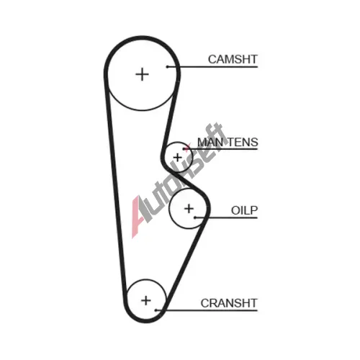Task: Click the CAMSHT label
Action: click(x=233, y=59)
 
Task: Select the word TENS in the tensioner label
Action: click(x=243, y=142)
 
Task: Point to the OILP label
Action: click(x=244, y=210)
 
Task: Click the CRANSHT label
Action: click(x=229, y=303)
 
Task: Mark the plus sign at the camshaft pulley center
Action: click(x=142, y=74)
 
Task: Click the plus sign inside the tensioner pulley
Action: click(x=178, y=158)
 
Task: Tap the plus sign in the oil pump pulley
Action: click(x=189, y=209)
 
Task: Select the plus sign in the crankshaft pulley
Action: click(x=146, y=300)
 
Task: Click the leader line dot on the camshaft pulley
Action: click(x=168, y=67)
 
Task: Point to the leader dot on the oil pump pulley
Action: click(x=195, y=217)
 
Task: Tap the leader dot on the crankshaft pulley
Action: click(x=156, y=310)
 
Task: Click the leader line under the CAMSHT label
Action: click(x=212, y=67)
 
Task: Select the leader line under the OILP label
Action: click(x=226, y=217)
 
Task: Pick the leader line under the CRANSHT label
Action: click(x=207, y=310)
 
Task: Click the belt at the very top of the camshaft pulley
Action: click(x=142, y=38)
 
